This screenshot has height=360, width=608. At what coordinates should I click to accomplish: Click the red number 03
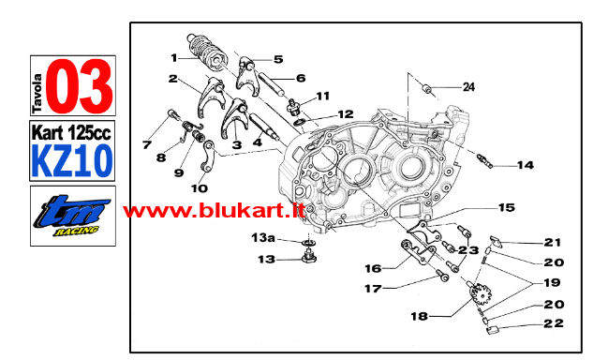pyautogui.click(x=80, y=85)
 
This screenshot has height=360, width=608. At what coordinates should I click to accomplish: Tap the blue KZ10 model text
pyautogui.click(x=72, y=160)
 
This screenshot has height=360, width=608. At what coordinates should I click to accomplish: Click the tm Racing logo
pyautogui.click(x=72, y=216)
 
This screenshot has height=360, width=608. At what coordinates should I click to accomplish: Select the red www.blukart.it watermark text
pyautogui.click(x=214, y=212)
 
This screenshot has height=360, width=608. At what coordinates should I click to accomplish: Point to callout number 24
pyautogui.click(x=468, y=87)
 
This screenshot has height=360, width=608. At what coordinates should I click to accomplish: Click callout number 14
pyautogui.click(x=526, y=165)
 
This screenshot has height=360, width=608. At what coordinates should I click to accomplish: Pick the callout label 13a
pyautogui.click(x=263, y=237)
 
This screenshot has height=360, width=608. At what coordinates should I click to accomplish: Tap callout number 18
pyautogui.click(x=420, y=317)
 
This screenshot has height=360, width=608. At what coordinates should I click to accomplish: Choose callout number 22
pyautogui.click(x=554, y=323)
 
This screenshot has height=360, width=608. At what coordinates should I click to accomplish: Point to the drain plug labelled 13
pyautogui.click(x=308, y=256)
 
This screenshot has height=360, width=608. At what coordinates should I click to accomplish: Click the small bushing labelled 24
pyautogui.click(x=427, y=90)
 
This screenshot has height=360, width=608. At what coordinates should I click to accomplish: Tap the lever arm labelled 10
pyautogui.click(x=208, y=157)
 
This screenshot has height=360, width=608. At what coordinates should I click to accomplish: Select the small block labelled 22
pyautogui.click(x=492, y=331)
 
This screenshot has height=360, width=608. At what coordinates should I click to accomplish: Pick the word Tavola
pyautogui.click(x=37, y=93)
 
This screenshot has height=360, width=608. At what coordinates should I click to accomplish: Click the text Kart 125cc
pyautogui.click(x=71, y=133)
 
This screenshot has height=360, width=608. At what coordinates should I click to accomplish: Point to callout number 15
pyautogui.click(x=507, y=208)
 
